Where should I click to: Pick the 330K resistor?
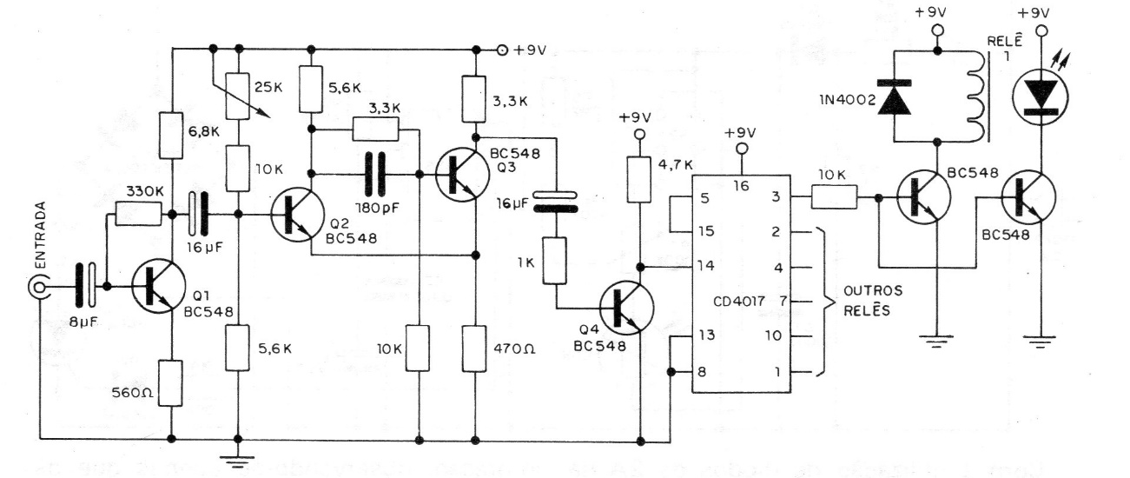137,215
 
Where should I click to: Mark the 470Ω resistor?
476,347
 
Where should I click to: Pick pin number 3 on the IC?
776,199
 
